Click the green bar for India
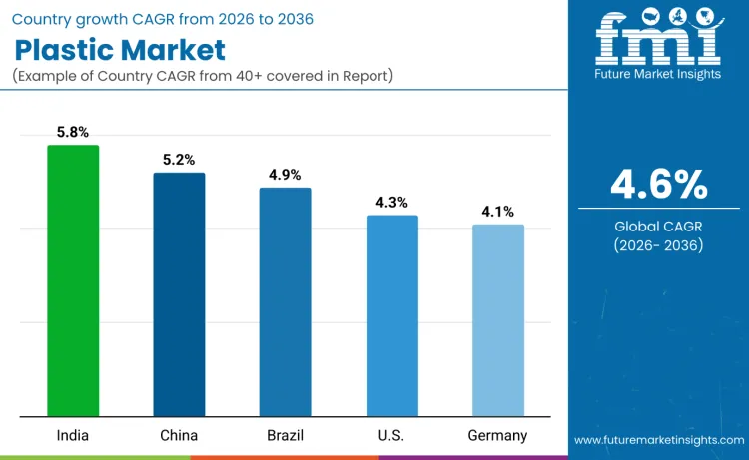[73, 280]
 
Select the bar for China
[179, 294]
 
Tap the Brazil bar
[285, 301]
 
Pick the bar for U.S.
[391, 315]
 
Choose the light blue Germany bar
[497, 320]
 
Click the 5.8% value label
[73, 132]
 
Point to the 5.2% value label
[179, 160]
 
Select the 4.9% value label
[285, 175]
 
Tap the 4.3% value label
[391, 203]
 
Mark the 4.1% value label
[497, 212]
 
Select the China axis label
[179, 435]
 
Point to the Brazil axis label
[285, 435]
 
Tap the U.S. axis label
[391, 435]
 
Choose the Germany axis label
[497, 435]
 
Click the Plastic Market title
[120, 50]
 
